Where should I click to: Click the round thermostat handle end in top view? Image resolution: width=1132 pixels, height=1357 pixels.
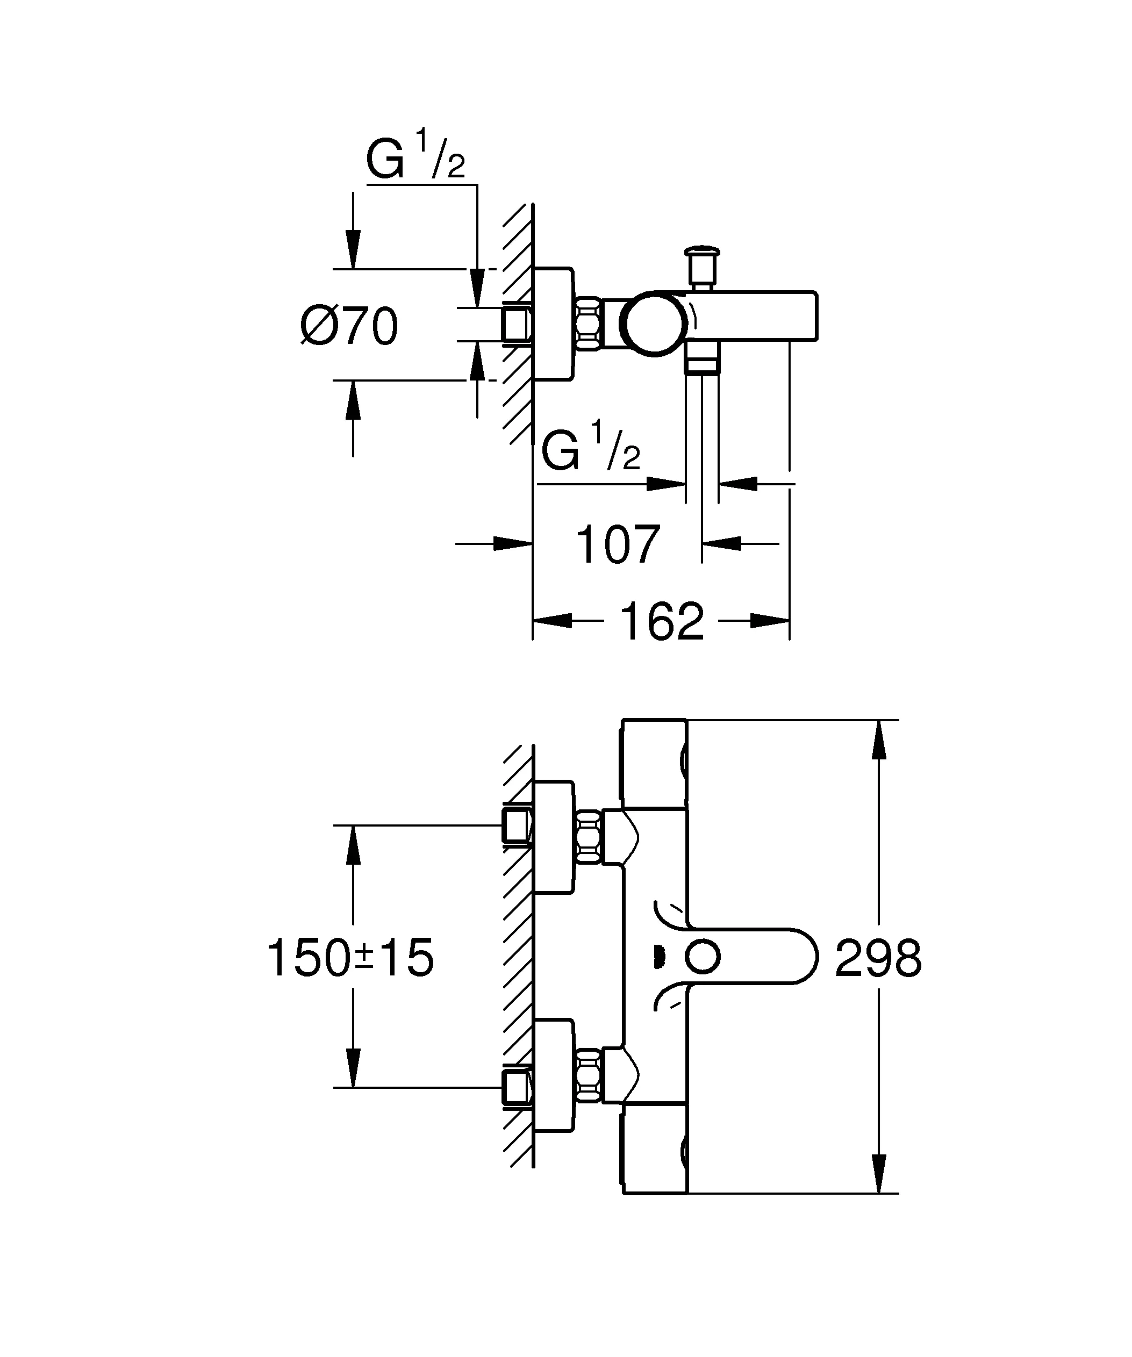[x=655, y=323]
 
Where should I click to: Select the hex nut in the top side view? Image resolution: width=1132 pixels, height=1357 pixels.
[x=588, y=323]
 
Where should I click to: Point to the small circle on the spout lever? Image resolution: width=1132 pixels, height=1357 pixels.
[x=703, y=957]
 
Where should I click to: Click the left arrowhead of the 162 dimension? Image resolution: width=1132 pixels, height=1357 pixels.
[x=553, y=621]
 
